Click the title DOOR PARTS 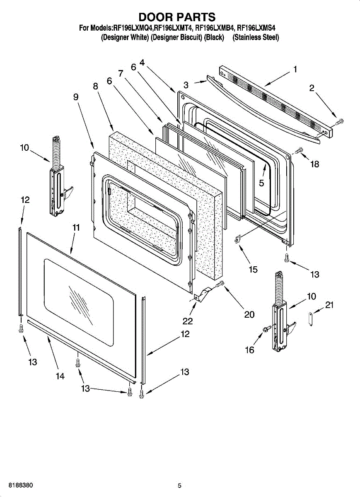click(177, 17)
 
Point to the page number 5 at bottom click(179, 485)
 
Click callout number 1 click(295, 70)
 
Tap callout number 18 click(314, 164)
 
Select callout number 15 click(253, 270)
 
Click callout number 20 click(249, 315)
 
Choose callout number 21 click(329, 305)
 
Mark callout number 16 click(249, 350)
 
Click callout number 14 click(60, 376)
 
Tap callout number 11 click(76, 227)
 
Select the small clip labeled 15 click(238, 239)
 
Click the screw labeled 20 click(220, 284)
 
